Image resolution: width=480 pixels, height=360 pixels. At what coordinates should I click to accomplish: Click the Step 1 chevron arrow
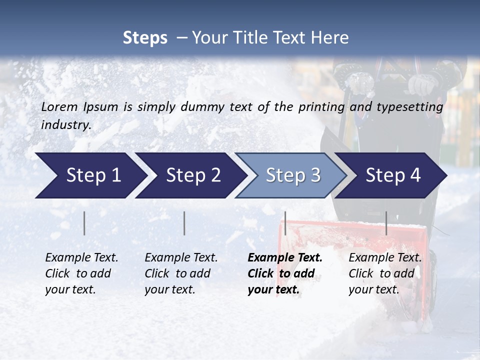coord(90,175)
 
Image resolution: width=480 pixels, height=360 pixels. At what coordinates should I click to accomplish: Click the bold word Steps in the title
coord(145,38)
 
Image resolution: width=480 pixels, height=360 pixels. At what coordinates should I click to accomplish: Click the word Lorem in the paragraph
coord(59,106)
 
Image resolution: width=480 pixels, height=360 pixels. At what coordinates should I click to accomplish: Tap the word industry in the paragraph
coord(65,125)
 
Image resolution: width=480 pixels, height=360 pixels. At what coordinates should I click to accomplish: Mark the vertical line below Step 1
coord(84,223)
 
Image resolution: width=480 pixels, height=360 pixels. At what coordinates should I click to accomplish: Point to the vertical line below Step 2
coord(184,223)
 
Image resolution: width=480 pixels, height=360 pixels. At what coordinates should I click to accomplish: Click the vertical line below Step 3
coord(285,223)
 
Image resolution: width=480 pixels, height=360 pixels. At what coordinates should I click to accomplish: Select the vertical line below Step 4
coord(386,223)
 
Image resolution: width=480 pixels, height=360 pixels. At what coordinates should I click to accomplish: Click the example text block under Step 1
coord(81,273)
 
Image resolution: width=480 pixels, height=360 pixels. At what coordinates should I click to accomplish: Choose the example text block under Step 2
coord(181,273)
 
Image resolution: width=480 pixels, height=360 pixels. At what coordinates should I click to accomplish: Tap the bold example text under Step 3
coord(285,273)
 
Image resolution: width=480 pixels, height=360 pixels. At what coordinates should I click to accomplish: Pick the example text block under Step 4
coord(385,273)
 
